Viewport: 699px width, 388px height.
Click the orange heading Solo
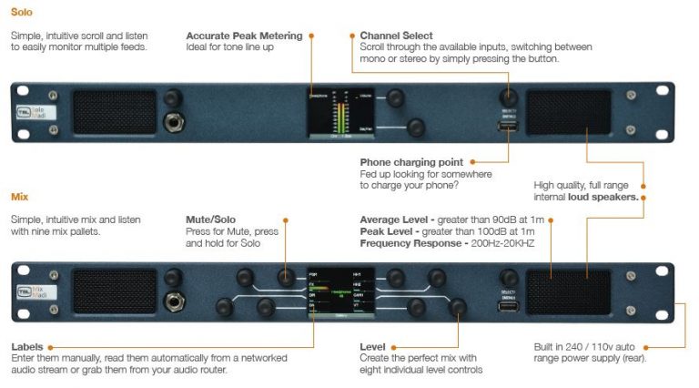[22, 12]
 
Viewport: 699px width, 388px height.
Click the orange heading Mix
[19, 196]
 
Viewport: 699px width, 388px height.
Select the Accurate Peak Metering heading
[243, 36]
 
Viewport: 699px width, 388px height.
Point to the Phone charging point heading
[411, 162]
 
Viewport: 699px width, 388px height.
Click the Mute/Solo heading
[211, 220]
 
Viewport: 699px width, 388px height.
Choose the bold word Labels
[26, 347]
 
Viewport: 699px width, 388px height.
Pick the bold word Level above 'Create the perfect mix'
[373, 347]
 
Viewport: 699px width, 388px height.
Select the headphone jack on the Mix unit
[169, 301]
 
